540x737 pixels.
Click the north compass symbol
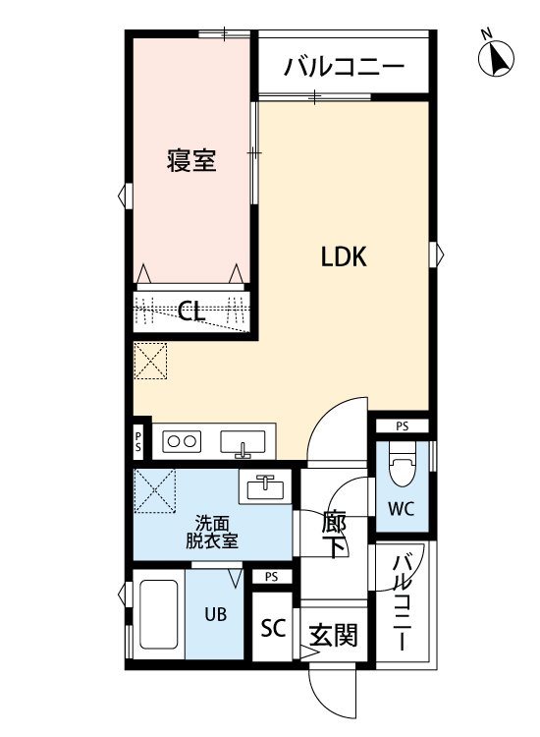pos(496,58)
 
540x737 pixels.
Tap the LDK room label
pos(344,256)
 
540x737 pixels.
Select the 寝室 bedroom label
pos(191,160)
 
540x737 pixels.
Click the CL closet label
pos(191,311)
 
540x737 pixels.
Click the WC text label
pos(402,509)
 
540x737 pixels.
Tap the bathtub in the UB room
pos(159,614)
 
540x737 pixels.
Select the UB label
pos(216,614)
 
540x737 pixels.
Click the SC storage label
pos(273,628)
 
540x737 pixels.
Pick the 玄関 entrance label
pos(334,636)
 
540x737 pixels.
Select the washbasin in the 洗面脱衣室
pos(266,486)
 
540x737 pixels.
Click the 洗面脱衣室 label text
pos(212,533)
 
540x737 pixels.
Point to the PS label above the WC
pos(402,426)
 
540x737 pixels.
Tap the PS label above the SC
pos(271,577)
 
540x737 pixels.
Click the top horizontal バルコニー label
pos(345,66)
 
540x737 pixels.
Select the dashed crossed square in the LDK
pos(151,361)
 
